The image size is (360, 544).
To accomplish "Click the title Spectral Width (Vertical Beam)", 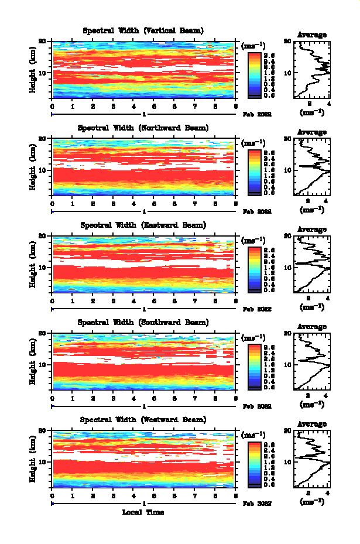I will [143, 30].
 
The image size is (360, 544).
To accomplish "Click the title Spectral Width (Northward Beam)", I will [143, 128].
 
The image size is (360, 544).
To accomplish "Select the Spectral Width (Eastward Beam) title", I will [143, 225].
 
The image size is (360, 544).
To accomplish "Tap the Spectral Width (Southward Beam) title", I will [143, 322].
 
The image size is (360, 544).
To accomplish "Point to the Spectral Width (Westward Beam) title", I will [143, 419].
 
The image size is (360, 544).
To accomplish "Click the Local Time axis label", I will [143, 512].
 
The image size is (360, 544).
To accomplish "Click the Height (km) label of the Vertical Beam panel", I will [33, 71].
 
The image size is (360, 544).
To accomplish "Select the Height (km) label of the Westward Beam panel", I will [33, 460].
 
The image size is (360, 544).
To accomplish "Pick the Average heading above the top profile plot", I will [312, 35].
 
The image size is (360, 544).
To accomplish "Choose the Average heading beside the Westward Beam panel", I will [312, 424].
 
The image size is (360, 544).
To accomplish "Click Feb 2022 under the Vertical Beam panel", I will [257, 115].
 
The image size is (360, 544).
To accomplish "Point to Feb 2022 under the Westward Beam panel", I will [257, 504].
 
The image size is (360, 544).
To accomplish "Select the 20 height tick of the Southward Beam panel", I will [42, 333].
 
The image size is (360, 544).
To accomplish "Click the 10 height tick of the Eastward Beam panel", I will [42, 267].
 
